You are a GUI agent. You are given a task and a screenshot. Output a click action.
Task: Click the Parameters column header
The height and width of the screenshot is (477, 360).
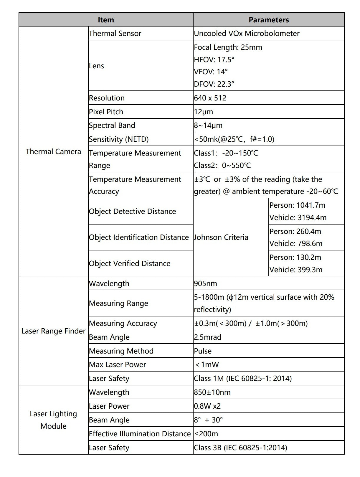click(x=268, y=20)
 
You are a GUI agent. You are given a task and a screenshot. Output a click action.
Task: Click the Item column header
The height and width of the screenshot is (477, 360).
click(x=106, y=20)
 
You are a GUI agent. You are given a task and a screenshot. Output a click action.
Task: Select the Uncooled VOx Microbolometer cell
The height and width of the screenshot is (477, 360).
click(x=247, y=33)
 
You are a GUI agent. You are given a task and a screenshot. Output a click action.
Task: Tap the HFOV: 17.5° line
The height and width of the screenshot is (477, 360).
click(x=214, y=60)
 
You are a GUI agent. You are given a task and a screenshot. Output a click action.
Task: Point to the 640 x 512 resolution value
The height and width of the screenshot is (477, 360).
click(x=210, y=98)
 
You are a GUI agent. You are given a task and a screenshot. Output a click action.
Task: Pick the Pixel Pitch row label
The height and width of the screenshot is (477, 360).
click(x=106, y=112)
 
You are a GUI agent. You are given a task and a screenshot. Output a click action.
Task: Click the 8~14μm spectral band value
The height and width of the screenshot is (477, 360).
click(x=208, y=125)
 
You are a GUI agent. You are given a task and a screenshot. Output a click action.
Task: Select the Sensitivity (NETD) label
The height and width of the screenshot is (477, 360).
click(x=119, y=139)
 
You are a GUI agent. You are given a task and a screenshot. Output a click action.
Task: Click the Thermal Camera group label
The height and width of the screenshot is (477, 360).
click(x=53, y=151)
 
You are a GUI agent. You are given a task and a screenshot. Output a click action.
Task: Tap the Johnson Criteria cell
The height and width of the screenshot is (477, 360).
click(x=221, y=237)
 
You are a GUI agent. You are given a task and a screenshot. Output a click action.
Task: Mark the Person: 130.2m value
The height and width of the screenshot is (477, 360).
click(x=295, y=257)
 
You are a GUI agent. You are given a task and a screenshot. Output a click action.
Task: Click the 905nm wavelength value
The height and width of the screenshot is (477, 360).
click(x=205, y=283)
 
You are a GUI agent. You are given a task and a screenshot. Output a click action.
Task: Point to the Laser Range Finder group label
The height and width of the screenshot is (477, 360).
click(x=53, y=331)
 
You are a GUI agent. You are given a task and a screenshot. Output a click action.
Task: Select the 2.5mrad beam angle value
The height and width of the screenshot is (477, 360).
click(x=207, y=337)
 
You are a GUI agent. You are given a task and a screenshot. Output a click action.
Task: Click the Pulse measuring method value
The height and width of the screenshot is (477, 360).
click(x=203, y=351)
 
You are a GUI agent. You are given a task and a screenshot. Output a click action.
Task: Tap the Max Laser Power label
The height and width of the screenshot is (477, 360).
click(x=118, y=364)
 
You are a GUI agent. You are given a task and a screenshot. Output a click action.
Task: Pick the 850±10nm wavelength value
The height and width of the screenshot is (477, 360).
click(x=212, y=392)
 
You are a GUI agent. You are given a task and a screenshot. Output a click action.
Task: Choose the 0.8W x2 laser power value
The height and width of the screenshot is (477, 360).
click(x=207, y=406)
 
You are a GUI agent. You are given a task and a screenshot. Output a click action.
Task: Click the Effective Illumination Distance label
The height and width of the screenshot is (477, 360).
click(x=140, y=434)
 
